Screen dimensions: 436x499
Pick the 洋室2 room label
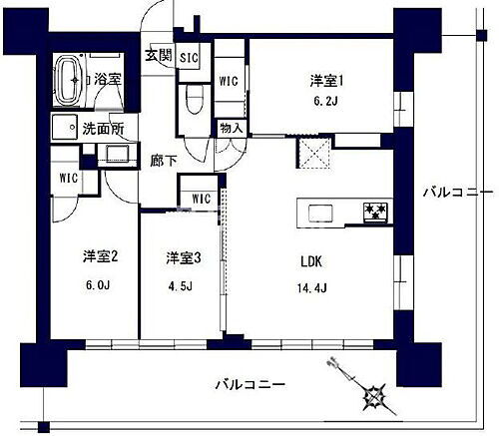point(101,257)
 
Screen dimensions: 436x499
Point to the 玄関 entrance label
point(158,53)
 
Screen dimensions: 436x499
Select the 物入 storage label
point(230,129)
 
